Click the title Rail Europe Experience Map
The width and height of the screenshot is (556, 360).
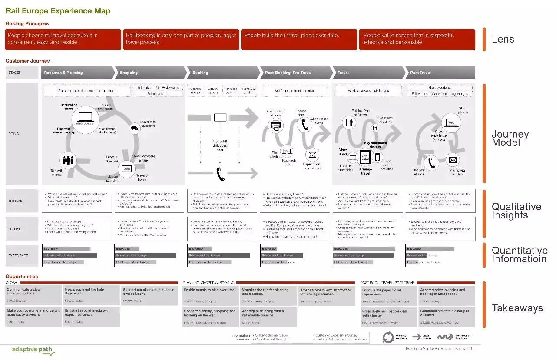tap(58, 11)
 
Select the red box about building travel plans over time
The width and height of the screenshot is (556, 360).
tap(299, 40)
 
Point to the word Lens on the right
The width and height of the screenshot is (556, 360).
tap(503, 39)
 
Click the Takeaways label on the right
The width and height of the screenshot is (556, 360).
tap(517, 308)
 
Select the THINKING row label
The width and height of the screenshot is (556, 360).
tap(16, 201)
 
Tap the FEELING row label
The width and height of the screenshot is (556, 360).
tap(15, 229)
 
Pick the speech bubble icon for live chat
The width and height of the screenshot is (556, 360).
tap(135, 128)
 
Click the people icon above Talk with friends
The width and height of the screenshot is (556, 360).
tap(68, 160)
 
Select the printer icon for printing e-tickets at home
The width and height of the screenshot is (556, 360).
tap(275, 126)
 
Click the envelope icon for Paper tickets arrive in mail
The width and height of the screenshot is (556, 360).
tap(312, 155)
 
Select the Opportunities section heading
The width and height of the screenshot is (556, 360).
tap(22, 277)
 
